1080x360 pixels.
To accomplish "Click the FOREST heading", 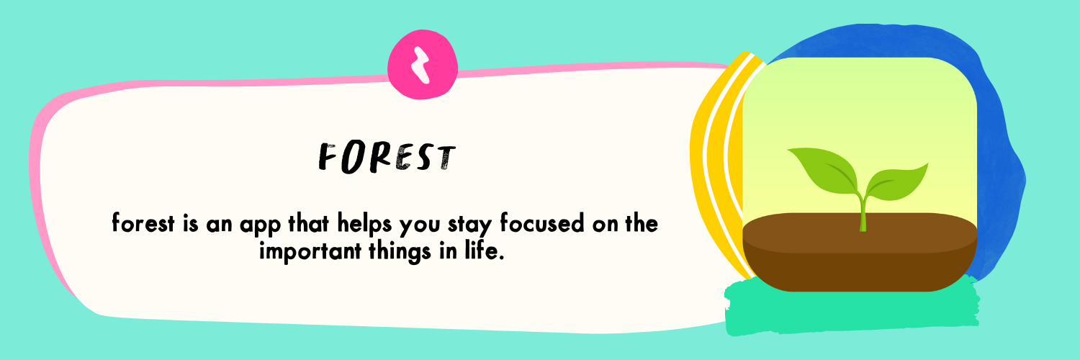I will pos(387,157).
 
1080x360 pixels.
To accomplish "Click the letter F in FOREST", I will pos(328,158).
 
